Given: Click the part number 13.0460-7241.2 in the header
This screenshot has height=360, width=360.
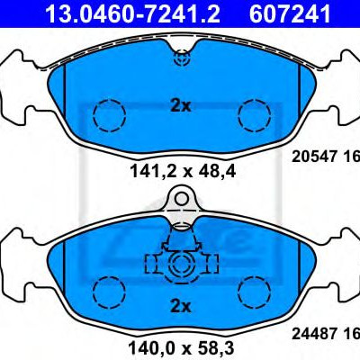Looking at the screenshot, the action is [x=132, y=13].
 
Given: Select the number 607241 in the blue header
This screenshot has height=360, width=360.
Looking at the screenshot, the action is [x=290, y=13].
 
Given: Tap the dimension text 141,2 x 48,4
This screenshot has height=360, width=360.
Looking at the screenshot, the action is [x=183, y=172].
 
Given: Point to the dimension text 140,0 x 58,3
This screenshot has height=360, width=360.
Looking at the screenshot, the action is [x=181, y=349].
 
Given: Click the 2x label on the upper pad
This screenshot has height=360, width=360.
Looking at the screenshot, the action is [x=181, y=106].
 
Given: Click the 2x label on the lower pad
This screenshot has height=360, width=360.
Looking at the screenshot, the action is [x=181, y=307].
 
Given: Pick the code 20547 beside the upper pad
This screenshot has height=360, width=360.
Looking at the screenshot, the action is [x=313, y=157].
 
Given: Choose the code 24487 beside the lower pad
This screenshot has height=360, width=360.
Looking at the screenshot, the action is [x=313, y=334].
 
